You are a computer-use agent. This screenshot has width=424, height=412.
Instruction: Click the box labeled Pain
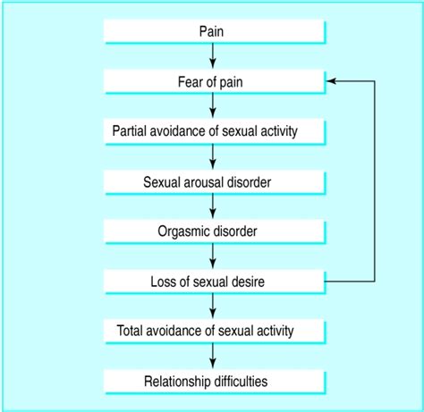pos(213,32)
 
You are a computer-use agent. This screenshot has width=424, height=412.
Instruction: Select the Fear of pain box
pos(213,82)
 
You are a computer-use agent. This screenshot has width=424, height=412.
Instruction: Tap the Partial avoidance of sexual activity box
pos(213,132)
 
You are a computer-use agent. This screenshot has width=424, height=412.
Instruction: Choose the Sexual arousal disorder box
pos(213,182)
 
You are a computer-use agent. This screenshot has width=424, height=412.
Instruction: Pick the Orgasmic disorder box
pos(213,232)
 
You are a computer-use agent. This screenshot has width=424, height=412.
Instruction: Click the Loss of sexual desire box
pos(213,282)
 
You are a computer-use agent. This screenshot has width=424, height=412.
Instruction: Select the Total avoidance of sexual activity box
pos(213,332)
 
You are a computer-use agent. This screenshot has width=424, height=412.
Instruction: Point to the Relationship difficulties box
pos(213,383)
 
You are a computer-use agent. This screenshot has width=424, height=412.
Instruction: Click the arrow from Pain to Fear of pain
pos(213,57)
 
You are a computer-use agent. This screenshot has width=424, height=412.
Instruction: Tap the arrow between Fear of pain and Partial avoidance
pos(213,107)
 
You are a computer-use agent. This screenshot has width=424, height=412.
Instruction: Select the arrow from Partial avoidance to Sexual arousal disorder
pos(213,157)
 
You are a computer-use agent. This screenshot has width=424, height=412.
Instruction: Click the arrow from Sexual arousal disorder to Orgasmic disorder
pos(213,207)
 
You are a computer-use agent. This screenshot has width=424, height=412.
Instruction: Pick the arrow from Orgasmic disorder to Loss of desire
pos(213,257)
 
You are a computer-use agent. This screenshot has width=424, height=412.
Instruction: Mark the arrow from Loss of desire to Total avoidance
pos(213,307)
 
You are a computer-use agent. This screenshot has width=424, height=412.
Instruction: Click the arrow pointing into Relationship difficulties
pos(213,357)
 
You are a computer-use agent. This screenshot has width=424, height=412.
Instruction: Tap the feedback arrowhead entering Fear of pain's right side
pos(330,81)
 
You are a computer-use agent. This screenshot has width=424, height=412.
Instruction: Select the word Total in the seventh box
pos(132,332)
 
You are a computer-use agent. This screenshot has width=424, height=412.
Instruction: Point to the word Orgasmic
pos(185,232)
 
